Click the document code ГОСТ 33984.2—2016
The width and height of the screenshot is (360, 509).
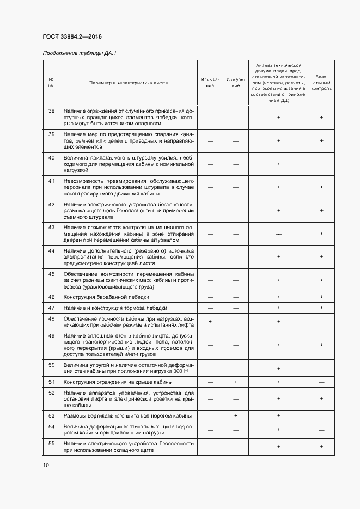(73, 36)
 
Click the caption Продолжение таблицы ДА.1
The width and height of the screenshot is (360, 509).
(80, 53)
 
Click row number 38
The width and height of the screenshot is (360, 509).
(52, 111)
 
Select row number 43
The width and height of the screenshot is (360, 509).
(52, 227)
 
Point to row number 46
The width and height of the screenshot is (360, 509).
(52, 297)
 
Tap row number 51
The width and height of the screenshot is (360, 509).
(52, 382)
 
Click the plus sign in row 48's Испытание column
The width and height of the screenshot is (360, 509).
(210, 322)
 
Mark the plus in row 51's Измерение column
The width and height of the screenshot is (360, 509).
(236, 382)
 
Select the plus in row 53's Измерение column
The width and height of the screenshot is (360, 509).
(236, 416)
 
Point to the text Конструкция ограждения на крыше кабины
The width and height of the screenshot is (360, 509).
(118, 382)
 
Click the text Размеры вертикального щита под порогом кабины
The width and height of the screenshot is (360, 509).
(127, 416)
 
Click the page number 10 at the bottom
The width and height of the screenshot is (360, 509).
(46, 465)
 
